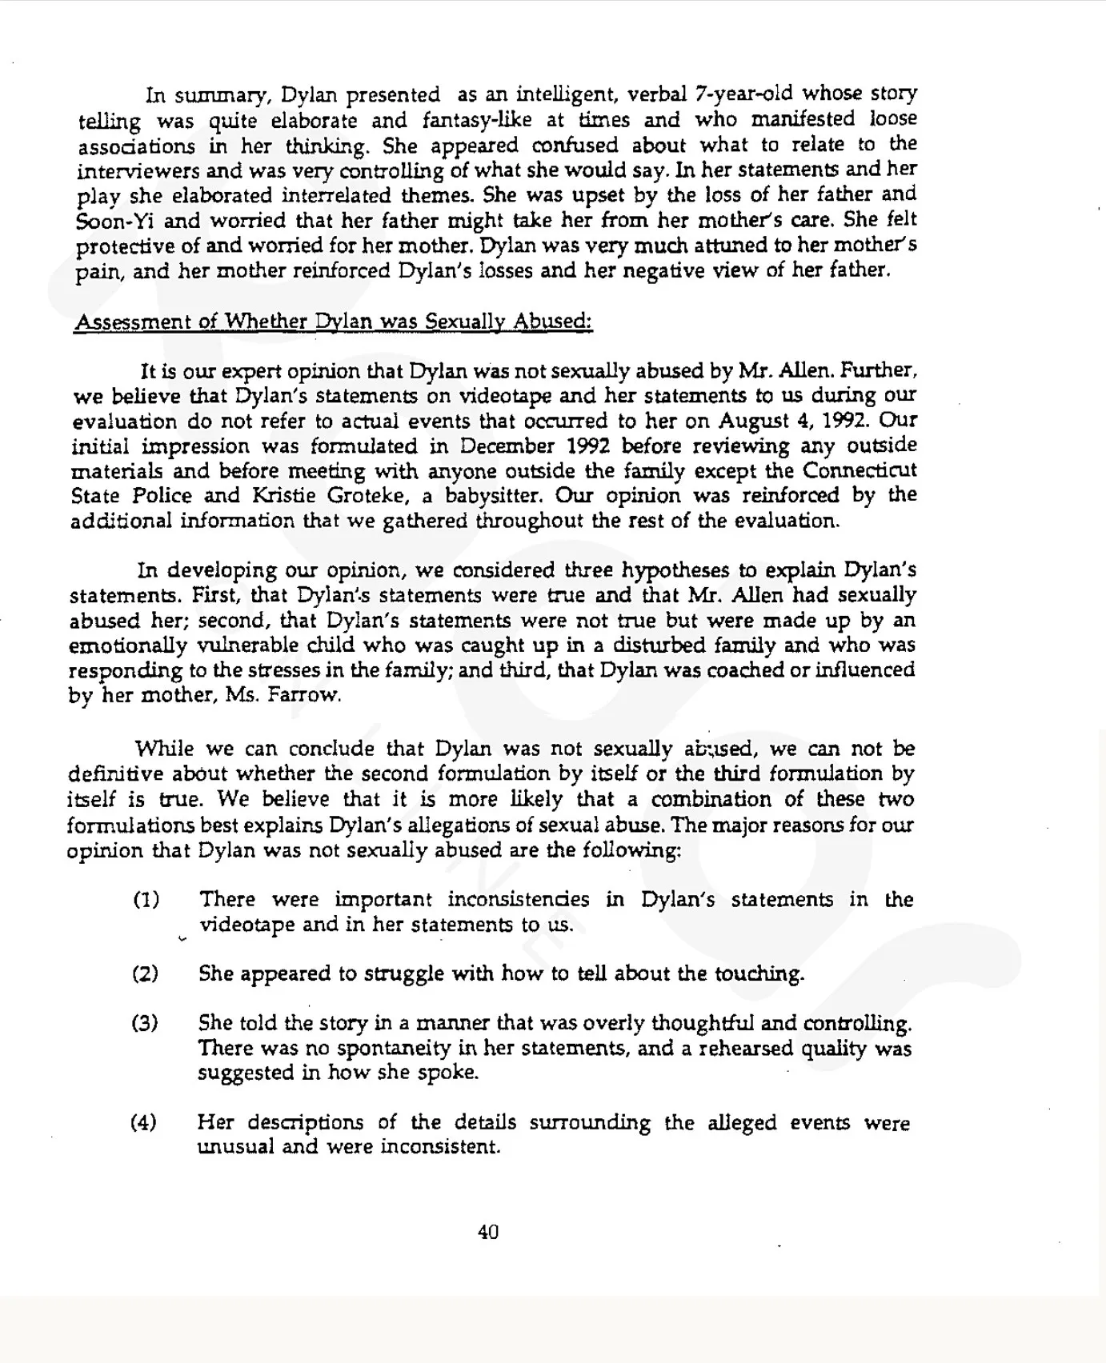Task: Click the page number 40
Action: (x=488, y=1232)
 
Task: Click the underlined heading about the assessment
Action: (x=332, y=322)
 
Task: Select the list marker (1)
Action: (x=146, y=900)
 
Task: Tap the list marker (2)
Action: (x=145, y=973)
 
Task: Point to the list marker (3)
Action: (x=145, y=1023)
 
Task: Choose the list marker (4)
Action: (x=144, y=1122)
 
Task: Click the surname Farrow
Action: (x=306, y=695)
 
